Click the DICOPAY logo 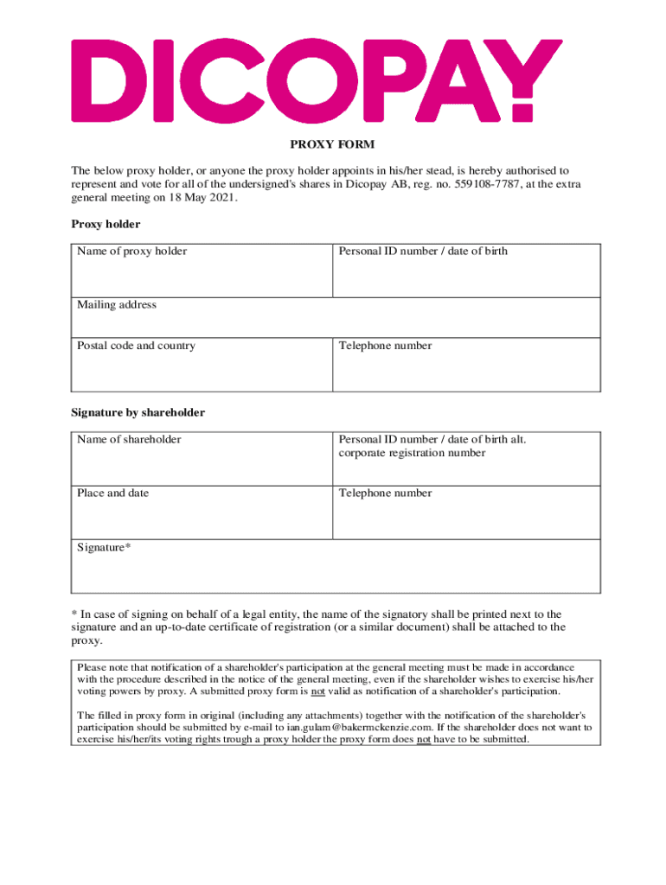(x=317, y=80)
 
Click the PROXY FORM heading (x=332, y=144)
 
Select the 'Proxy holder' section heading (x=106, y=224)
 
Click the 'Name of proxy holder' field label (x=131, y=251)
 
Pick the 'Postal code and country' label (x=136, y=346)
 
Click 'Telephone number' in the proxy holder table (x=385, y=346)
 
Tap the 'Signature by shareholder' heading (x=138, y=412)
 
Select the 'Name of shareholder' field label (x=129, y=439)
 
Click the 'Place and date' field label (x=112, y=493)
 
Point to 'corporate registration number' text (x=412, y=453)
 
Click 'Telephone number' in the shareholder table (x=385, y=493)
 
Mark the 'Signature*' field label (x=104, y=547)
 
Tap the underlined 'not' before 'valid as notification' (x=317, y=691)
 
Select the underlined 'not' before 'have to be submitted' (x=424, y=740)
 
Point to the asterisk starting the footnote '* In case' (x=74, y=614)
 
